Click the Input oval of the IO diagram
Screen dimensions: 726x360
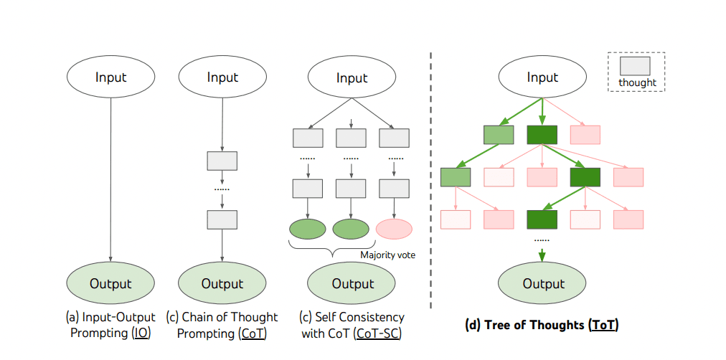(110, 77)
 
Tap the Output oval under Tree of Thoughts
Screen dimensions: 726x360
(542, 283)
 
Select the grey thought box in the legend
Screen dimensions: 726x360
(635, 66)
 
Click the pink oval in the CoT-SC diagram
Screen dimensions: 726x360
(394, 229)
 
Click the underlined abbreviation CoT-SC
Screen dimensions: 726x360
(377, 334)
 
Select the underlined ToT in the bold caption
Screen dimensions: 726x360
(603, 326)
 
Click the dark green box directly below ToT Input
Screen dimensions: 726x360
(542, 135)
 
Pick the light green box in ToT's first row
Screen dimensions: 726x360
(499, 135)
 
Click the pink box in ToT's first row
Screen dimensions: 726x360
(585, 135)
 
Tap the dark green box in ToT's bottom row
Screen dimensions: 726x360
(542, 219)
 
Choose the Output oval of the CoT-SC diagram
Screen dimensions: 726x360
(352, 283)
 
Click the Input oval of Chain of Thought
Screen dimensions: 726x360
(222, 77)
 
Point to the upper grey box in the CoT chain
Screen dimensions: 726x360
(222, 161)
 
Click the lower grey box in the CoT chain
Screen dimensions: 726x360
(222, 219)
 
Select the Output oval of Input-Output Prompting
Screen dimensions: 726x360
(110, 283)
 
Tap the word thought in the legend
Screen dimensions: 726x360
(638, 83)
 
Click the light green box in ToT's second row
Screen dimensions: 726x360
(456, 177)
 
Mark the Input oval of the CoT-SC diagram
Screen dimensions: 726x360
(352, 77)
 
